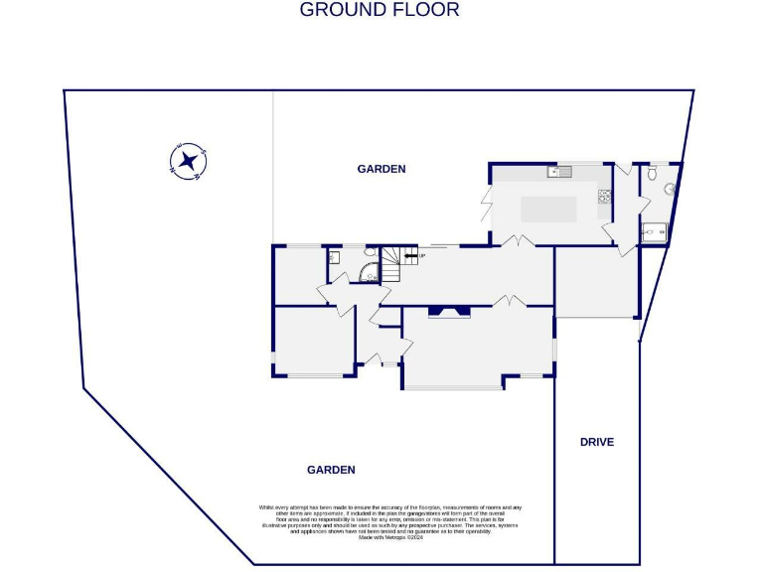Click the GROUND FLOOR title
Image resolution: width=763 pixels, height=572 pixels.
380,10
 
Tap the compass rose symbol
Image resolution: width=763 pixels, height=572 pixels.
187,161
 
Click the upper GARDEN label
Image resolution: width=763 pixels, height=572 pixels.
381,169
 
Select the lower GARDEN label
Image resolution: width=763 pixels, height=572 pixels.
331,470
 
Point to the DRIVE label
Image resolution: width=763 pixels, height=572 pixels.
597,442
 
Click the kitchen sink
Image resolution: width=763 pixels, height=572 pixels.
559,172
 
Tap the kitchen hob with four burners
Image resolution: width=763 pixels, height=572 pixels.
603,197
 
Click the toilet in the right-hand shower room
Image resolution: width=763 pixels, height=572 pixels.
653,172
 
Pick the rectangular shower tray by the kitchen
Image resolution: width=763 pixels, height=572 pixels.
655,232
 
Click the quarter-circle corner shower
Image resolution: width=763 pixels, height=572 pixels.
368,275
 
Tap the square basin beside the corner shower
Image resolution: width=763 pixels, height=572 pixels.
335,257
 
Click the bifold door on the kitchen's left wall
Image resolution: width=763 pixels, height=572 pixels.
486,204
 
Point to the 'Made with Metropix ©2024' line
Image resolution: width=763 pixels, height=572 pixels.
388,537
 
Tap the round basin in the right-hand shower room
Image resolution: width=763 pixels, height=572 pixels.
670,189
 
